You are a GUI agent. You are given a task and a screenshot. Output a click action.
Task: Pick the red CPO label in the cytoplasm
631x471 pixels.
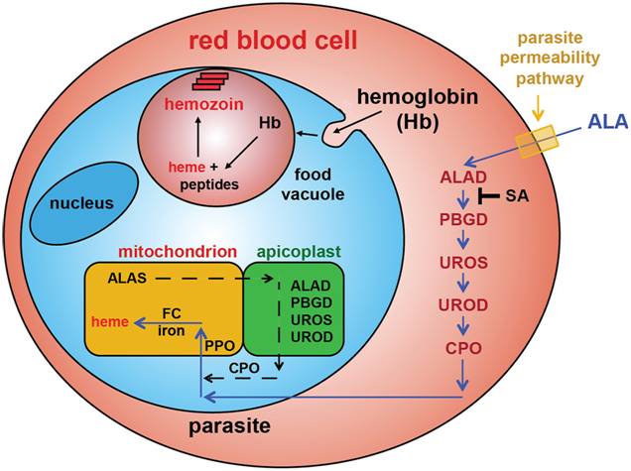pos(461,349)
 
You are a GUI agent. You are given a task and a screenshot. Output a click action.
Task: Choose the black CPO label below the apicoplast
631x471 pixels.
pos(245,368)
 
